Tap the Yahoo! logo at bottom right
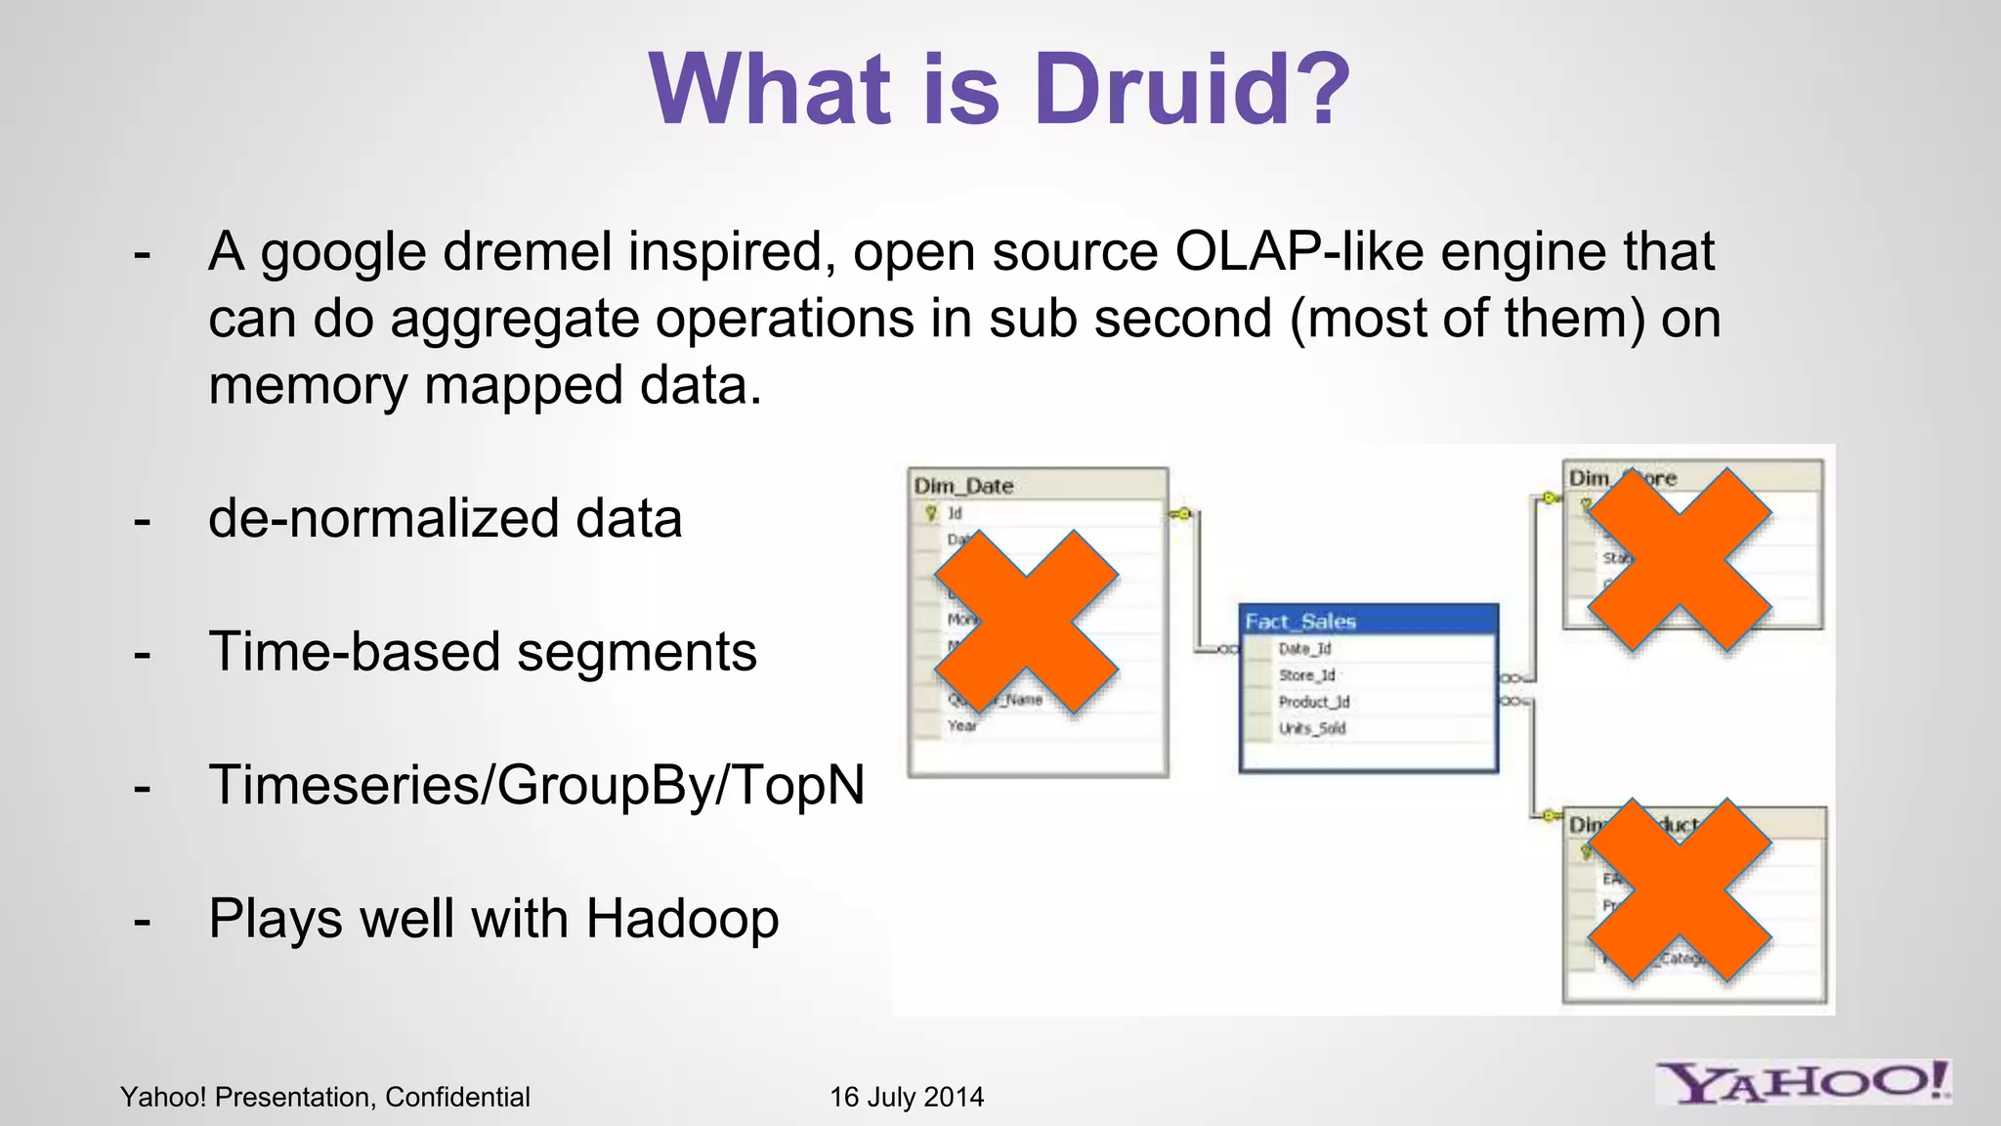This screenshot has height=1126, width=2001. (x=1804, y=1083)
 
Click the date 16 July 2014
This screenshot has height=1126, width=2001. (x=907, y=1097)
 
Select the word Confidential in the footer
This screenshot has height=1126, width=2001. (x=457, y=1097)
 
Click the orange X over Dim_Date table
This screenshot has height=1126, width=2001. (x=1026, y=622)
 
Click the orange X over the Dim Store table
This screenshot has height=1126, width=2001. (x=1679, y=559)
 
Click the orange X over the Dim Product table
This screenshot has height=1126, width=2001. (x=1679, y=890)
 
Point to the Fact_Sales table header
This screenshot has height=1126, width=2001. (x=1368, y=621)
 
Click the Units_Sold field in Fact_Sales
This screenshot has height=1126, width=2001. (x=1312, y=728)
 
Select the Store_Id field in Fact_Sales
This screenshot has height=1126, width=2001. (x=1306, y=675)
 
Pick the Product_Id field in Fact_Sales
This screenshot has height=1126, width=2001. (x=1313, y=702)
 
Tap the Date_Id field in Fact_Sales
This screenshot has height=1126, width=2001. (x=1304, y=649)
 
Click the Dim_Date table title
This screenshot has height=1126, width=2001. (x=963, y=486)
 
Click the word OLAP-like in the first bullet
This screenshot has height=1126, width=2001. (x=1299, y=252)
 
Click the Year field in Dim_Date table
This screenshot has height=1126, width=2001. (x=961, y=725)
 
